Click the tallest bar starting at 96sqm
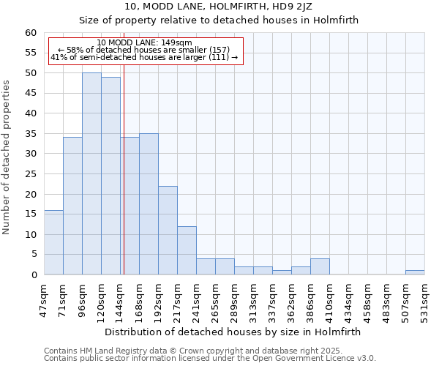(x=91, y=174)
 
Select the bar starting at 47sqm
(x=53, y=242)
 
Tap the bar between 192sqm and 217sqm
(x=168, y=231)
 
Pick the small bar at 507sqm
(x=415, y=272)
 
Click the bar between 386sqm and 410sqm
(x=320, y=267)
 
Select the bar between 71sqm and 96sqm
(x=72, y=206)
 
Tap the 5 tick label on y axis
(x=33, y=255)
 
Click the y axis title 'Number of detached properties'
(x=7, y=157)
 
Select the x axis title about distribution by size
(x=233, y=332)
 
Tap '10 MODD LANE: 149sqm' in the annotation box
(x=144, y=43)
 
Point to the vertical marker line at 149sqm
(x=124, y=183)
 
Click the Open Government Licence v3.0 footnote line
(x=210, y=359)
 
